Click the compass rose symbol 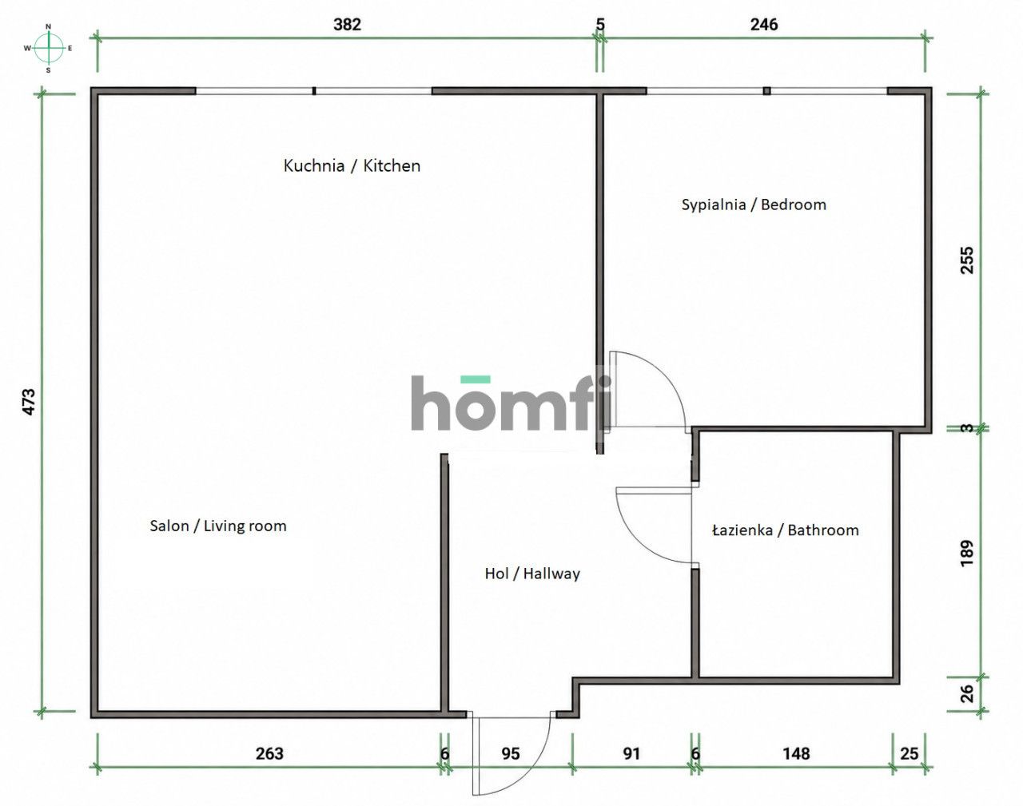click(49, 48)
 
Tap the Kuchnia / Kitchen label click(352, 166)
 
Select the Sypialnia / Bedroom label click(754, 204)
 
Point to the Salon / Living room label click(218, 526)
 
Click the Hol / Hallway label click(532, 574)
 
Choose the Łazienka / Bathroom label click(786, 530)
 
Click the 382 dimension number click(347, 24)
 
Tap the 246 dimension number click(764, 24)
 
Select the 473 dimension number click(29, 402)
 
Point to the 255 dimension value click(967, 260)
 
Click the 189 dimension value click(967, 553)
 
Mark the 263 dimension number click(269, 754)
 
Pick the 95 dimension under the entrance click(511, 754)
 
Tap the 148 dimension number click(796, 754)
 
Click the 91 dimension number click(631, 754)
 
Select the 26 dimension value click(967, 693)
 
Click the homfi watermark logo click(511, 403)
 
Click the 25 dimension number click(909, 754)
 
